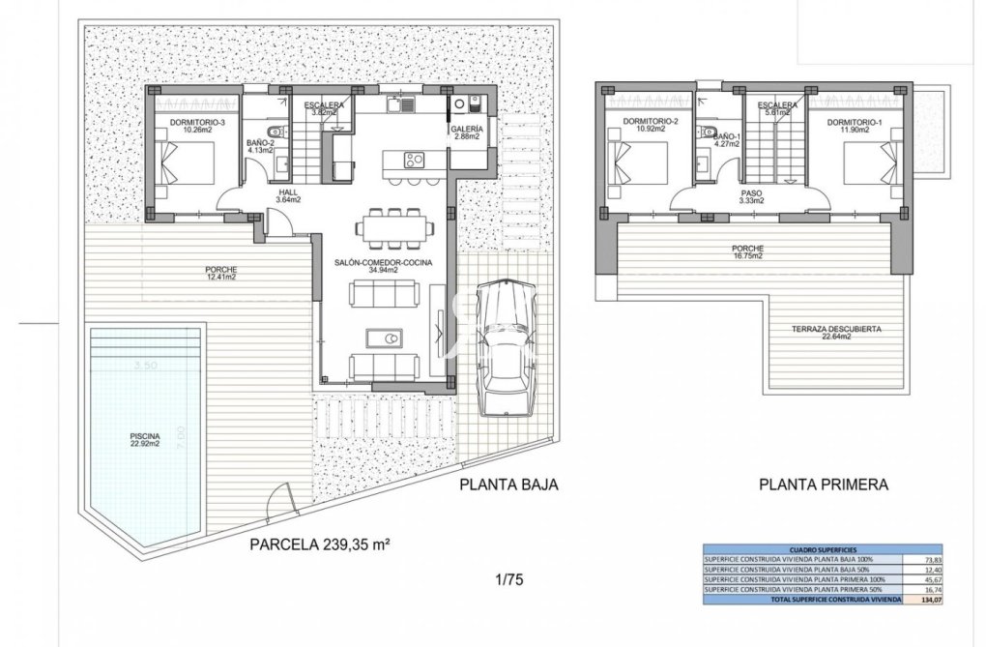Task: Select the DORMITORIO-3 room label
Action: (x=196, y=126)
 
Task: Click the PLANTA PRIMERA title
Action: (x=823, y=485)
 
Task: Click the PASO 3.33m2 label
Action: (x=751, y=197)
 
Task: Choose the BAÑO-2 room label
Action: (x=261, y=146)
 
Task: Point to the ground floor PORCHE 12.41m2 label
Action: (x=220, y=273)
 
